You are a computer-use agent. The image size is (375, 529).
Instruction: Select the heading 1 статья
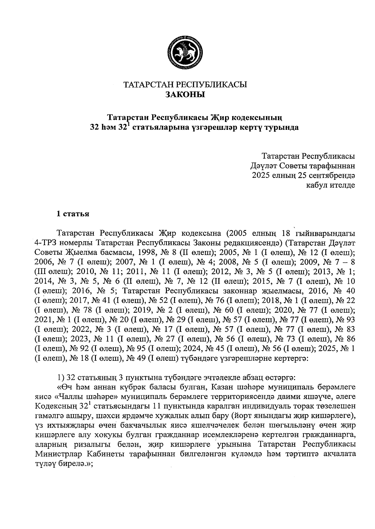72,214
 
